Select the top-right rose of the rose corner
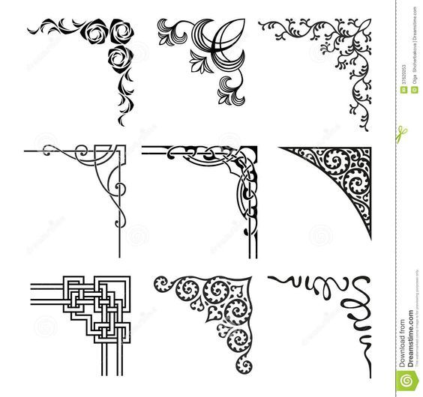coord(120,29)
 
